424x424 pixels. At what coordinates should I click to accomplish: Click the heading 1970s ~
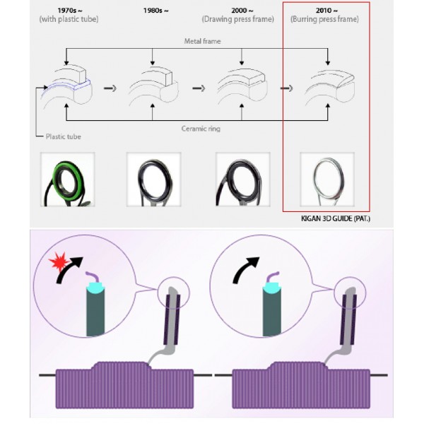coord(70,11)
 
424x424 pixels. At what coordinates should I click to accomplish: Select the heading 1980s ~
coord(155,11)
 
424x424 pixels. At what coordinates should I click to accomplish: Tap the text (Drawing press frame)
coord(237,19)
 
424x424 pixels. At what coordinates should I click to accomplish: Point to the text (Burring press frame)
coord(324,19)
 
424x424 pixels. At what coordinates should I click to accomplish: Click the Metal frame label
coord(202,41)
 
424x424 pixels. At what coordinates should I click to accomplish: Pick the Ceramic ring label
coord(201,129)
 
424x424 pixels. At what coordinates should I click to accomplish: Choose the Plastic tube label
coord(64,136)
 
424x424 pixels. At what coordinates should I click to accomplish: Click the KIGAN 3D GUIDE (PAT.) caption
coord(335,218)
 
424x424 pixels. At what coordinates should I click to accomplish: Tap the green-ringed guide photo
coord(68,179)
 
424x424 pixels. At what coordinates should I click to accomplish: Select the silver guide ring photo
coord(327,179)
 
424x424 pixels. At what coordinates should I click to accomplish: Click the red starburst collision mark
coord(58,261)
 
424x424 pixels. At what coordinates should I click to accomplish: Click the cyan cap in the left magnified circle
coord(95,287)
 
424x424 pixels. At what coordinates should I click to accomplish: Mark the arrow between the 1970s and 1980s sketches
coord(110,88)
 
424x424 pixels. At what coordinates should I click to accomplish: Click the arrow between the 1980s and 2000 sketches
coord(199,88)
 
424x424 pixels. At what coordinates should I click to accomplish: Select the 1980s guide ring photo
coord(153,179)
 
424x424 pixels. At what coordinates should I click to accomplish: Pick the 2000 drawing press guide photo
coord(243,179)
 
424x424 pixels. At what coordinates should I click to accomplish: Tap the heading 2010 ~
coord(326,11)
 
